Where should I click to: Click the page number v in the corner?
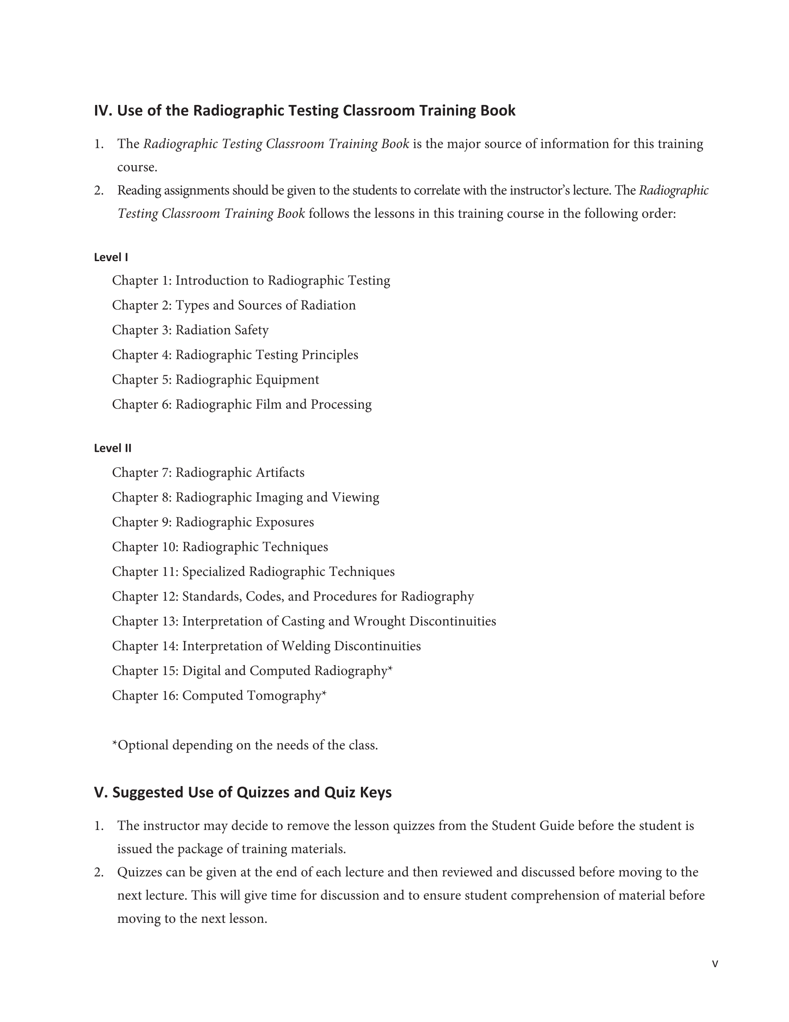click(715, 964)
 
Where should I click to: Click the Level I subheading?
click(111, 257)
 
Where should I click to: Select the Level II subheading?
click(113, 448)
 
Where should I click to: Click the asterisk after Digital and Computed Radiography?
click(390, 669)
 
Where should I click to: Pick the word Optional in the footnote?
click(143, 745)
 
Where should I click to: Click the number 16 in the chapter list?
click(169, 696)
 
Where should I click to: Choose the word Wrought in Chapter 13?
click(379, 621)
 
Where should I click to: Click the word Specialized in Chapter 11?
click(213, 572)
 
